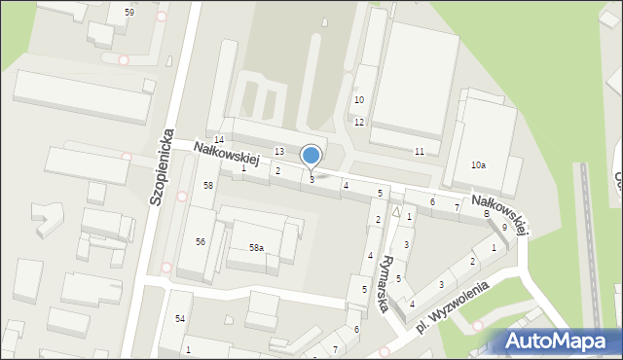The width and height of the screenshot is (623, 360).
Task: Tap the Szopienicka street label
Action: tap(162, 165)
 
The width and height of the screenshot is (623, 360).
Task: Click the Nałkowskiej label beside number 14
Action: tap(232, 160)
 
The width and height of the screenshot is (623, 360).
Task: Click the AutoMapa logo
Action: tap(560, 341)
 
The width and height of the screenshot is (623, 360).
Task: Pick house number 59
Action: tap(129, 12)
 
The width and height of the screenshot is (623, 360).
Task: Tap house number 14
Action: tap(219, 139)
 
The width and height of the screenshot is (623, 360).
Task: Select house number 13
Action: tap(279, 151)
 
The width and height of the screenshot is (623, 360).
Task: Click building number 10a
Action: tap(478, 165)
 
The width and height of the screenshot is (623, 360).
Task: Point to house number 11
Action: tap(420, 152)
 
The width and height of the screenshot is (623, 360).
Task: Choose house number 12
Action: tap(359, 122)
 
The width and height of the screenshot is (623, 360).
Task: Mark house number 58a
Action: tap(256, 248)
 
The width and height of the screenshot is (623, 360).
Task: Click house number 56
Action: tap(200, 241)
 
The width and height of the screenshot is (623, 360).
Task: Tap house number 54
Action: tap(180, 319)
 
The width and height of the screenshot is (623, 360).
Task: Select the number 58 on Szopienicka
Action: tap(207, 185)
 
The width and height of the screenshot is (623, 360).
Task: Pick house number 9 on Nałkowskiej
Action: tap(504, 227)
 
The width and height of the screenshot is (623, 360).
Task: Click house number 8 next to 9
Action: tap(486, 213)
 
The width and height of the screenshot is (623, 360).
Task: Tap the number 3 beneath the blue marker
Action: tap(311, 179)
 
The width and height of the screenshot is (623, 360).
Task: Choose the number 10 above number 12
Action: tap(359, 99)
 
